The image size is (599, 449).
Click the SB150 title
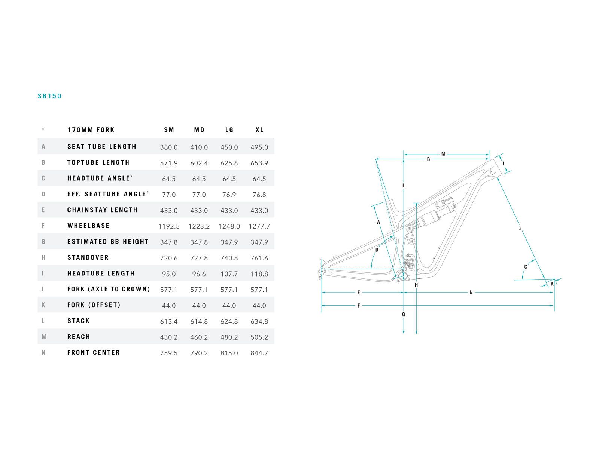pyautogui.click(x=49, y=96)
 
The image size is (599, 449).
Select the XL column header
pyautogui.click(x=259, y=130)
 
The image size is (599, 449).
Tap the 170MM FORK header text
pyautogui.click(x=91, y=130)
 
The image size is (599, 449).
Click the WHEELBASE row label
pyautogui.click(x=88, y=226)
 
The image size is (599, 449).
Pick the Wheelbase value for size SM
pyautogui.click(x=169, y=226)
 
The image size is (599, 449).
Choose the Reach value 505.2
pyautogui.click(x=259, y=337)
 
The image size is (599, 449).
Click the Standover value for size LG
pyautogui.click(x=229, y=258)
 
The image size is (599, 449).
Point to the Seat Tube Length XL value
pyautogui.click(x=259, y=147)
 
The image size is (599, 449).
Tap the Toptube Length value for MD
pyautogui.click(x=199, y=163)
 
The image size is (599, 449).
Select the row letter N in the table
pyautogui.click(x=43, y=352)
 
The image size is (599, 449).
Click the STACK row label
pyautogui.click(x=79, y=321)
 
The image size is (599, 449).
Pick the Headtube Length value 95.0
pyautogui.click(x=169, y=274)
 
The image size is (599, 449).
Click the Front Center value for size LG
pyautogui.click(x=229, y=353)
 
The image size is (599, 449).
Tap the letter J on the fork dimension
pyautogui.click(x=520, y=228)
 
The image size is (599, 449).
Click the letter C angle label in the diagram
pyautogui.click(x=526, y=267)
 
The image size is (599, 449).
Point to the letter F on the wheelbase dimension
pyautogui.click(x=359, y=306)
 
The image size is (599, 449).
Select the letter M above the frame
pyautogui.click(x=443, y=154)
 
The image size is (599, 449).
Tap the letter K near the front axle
pyautogui.click(x=552, y=284)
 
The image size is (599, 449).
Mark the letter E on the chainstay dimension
pyautogui.click(x=359, y=293)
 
